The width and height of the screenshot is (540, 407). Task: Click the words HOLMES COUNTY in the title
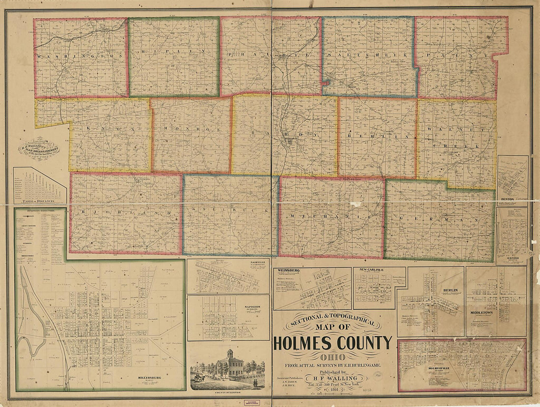point(332,343)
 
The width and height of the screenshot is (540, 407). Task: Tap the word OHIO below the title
point(332,357)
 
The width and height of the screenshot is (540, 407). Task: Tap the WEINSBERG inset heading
point(288,270)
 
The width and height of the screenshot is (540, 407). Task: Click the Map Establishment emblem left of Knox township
point(39,146)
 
